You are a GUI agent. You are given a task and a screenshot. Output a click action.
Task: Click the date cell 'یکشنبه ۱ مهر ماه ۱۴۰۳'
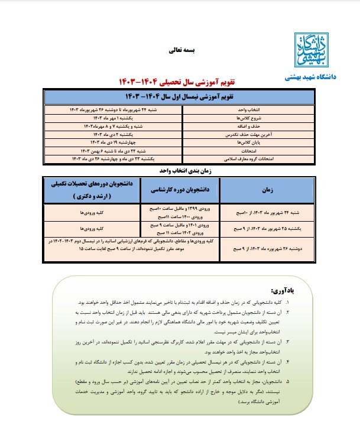[x=118, y=118]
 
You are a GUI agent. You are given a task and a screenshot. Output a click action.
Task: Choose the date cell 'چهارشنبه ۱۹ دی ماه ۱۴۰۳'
[x=118, y=142]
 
